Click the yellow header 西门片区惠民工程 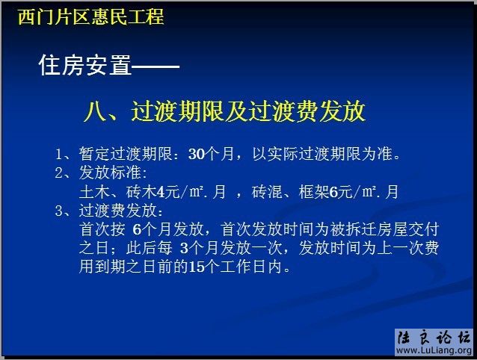coord(90,16)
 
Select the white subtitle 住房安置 coord(84,66)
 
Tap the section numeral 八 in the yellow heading coord(95,112)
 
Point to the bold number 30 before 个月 coord(196,155)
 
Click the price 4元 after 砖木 coord(165,192)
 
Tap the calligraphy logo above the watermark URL coord(431,335)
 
